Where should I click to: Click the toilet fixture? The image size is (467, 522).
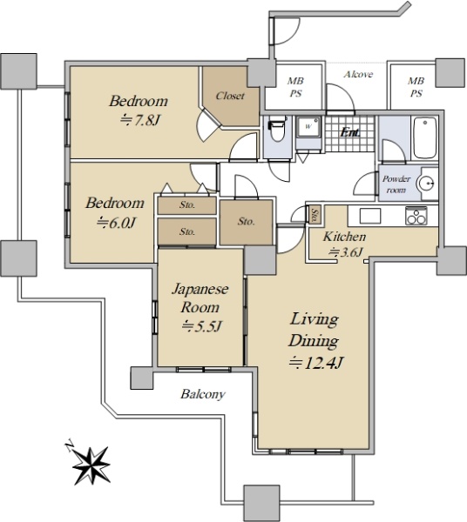277,130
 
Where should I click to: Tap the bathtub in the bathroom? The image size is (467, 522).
424,137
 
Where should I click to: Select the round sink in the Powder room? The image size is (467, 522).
427,183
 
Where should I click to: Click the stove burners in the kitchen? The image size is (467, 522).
416,216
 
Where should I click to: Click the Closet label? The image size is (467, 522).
230,97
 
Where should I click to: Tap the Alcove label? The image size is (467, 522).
358,74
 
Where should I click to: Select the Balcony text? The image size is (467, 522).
203,394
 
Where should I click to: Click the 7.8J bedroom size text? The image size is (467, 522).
140,120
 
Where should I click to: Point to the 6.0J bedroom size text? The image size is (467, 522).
116,223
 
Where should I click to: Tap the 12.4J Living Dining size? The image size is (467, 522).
315,363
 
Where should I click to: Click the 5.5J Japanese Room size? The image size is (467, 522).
201,326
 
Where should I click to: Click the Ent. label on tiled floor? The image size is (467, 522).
349,133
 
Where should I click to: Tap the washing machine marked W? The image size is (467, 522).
308,126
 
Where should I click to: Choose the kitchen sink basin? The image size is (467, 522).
370,216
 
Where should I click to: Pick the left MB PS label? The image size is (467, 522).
295,87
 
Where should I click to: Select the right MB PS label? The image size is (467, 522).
416,87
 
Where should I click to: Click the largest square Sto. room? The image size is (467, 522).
247,222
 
